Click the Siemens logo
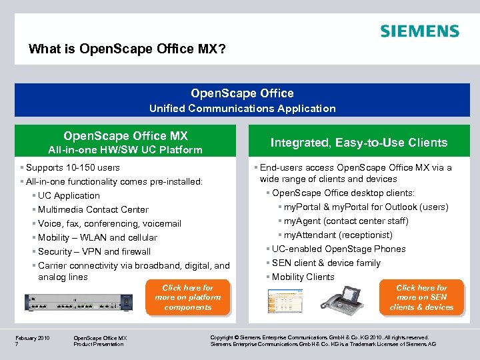(419, 31)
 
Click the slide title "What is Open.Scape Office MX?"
(131, 49)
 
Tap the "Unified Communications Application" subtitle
(242, 108)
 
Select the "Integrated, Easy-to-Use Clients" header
(359, 142)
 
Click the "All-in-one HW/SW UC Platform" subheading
(125, 150)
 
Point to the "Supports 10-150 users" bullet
(72, 167)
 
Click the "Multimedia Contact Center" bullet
(93, 209)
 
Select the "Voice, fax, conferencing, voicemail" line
(109, 223)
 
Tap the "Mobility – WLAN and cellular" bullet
(97, 237)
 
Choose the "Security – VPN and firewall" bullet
(94, 251)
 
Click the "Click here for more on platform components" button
(187, 297)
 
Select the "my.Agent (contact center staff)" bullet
(346, 221)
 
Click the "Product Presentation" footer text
(98, 344)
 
